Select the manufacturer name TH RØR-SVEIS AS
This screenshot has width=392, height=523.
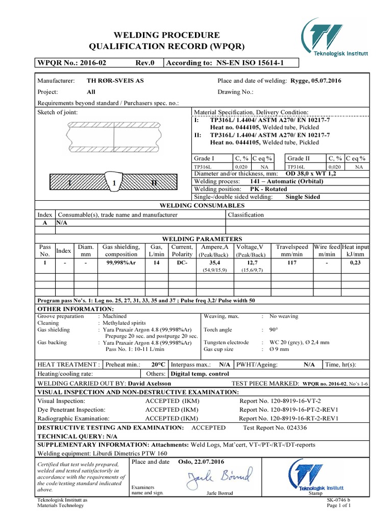coord(115,81)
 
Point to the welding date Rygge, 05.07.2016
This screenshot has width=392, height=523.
coord(316,81)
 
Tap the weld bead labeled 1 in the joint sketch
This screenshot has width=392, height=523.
coord(115,182)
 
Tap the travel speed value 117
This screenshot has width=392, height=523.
coord(291,262)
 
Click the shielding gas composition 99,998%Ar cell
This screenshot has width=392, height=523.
coord(121,262)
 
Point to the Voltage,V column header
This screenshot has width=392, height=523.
coord(250,247)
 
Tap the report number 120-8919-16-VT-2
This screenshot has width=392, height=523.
coord(287,401)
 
